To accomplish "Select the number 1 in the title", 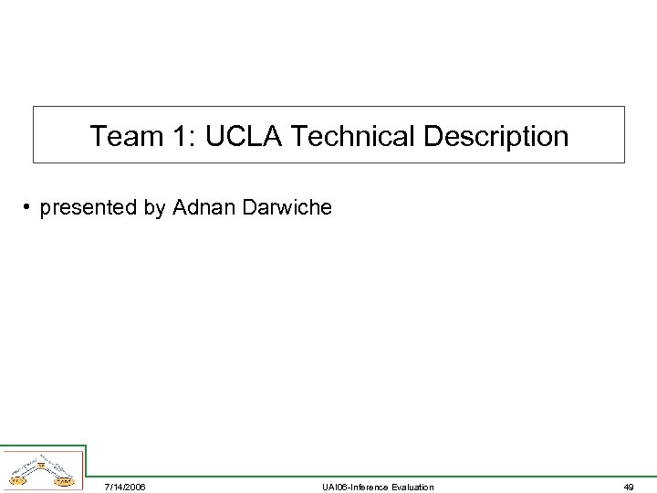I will (179, 137).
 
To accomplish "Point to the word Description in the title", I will (495, 137).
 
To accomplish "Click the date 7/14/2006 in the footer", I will (124, 487).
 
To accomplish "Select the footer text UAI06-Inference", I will (354, 487).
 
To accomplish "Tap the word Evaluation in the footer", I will (412, 487).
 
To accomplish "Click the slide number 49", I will (629, 487).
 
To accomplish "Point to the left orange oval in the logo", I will (16, 479).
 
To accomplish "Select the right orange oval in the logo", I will (64, 480).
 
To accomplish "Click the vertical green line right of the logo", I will (86, 461).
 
